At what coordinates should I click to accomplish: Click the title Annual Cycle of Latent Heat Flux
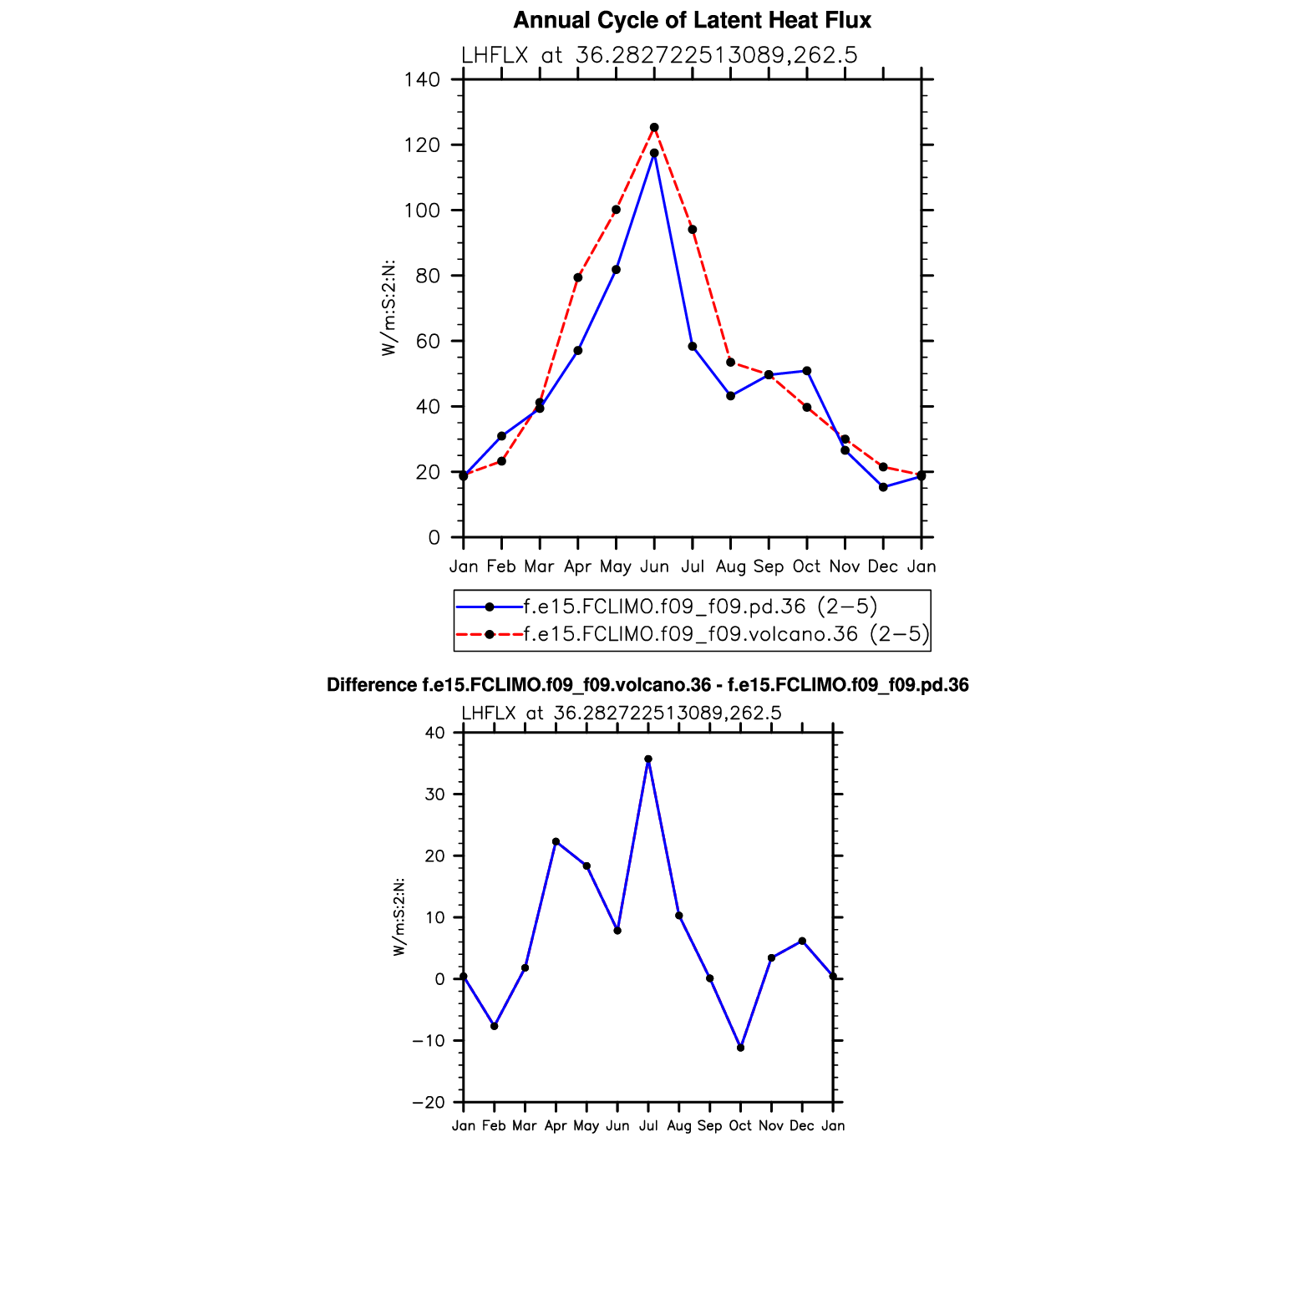tap(692, 20)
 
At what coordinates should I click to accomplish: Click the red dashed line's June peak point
tap(654, 128)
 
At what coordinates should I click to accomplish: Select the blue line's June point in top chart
tap(654, 154)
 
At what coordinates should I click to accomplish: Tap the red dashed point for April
tap(578, 277)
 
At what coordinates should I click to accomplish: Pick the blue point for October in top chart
tap(807, 371)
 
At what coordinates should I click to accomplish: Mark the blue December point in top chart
tap(883, 487)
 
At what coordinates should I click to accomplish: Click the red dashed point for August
tap(730, 363)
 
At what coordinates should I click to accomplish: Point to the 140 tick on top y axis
tap(422, 80)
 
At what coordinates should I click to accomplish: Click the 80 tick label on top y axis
tap(427, 276)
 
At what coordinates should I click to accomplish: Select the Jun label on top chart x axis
tap(654, 566)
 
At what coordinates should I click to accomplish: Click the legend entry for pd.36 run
tap(700, 607)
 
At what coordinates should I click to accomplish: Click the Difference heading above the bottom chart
tap(647, 686)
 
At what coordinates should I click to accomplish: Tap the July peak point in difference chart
tap(648, 759)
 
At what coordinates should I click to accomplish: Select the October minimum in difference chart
tap(740, 1048)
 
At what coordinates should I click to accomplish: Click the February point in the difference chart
tap(495, 1026)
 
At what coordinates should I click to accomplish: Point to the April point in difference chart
tap(556, 841)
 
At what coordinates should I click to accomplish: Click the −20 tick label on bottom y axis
tap(429, 1103)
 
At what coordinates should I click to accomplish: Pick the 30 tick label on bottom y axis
tap(434, 795)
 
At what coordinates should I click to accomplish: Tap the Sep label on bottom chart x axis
tap(709, 1126)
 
